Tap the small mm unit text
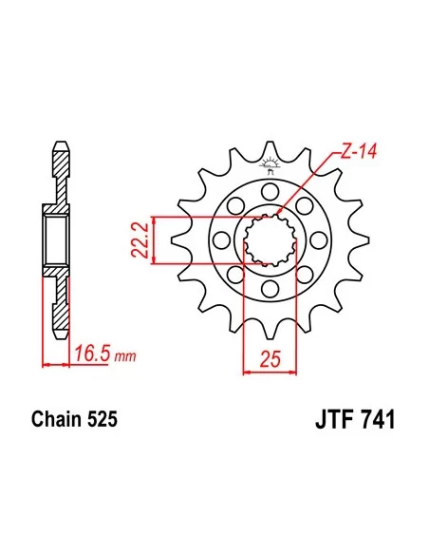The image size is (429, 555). click(122, 358)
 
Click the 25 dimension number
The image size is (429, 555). click(270, 358)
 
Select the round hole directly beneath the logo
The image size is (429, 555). click(270, 189)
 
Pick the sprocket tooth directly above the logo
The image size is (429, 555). click(270, 144)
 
